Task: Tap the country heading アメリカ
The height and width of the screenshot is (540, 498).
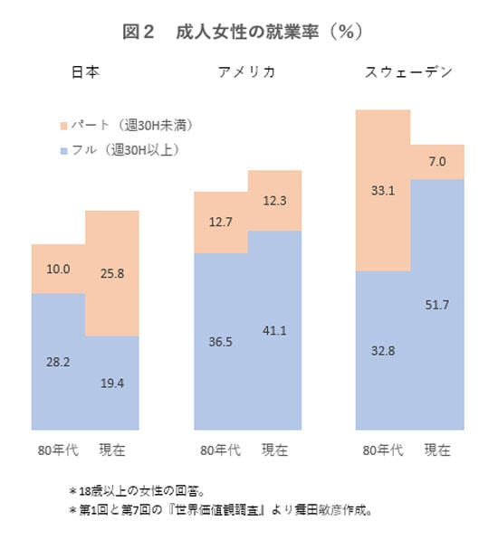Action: click(x=245, y=72)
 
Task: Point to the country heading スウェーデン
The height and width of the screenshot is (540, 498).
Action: click(x=408, y=72)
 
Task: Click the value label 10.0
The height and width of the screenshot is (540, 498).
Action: click(x=58, y=270)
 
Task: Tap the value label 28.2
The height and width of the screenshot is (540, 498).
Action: click(x=58, y=360)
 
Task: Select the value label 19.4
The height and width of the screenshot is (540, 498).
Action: click(x=112, y=383)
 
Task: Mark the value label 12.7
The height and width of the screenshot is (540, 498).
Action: click(x=221, y=223)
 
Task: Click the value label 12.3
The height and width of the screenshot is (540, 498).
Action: click(x=274, y=200)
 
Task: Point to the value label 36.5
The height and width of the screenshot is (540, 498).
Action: click(x=221, y=342)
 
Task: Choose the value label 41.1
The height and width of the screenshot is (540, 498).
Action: click(x=274, y=330)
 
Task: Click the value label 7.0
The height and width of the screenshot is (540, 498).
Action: click(x=437, y=162)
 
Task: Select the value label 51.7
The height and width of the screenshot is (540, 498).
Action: click(x=437, y=304)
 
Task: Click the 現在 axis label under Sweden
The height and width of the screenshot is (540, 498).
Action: click(x=437, y=450)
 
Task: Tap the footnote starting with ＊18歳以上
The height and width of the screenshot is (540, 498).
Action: click(x=155, y=489)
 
